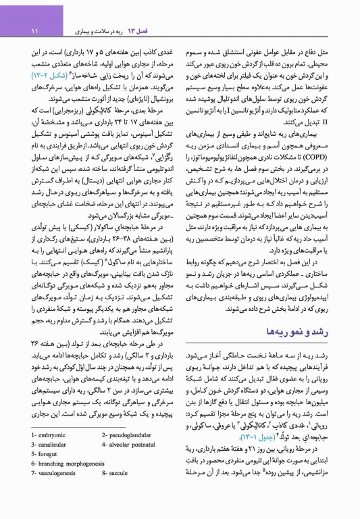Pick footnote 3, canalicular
pos(50,453)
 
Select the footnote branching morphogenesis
pos(74,474)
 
